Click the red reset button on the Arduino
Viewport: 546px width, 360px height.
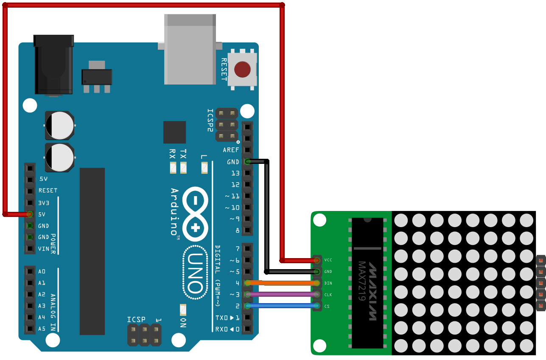[x=242, y=69]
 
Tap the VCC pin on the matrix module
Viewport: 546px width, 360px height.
[x=317, y=260]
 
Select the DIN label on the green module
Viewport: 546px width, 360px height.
[x=328, y=283]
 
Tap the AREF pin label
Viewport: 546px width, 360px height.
[x=231, y=150]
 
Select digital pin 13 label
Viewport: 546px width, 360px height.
[x=235, y=173]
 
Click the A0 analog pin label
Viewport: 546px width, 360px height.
[x=42, y=271]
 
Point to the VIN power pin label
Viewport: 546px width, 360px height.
[x=43, y=249]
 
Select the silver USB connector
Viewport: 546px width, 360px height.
[x=190, y=49]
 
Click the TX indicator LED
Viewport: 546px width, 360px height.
[x=183, y=168]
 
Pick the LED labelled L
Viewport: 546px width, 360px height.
[x=204, y=168]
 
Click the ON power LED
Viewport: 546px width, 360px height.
[x=183, y=309]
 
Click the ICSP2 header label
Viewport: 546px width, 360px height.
[x=210, y=120]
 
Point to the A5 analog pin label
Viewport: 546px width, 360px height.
[x=42, y=329]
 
